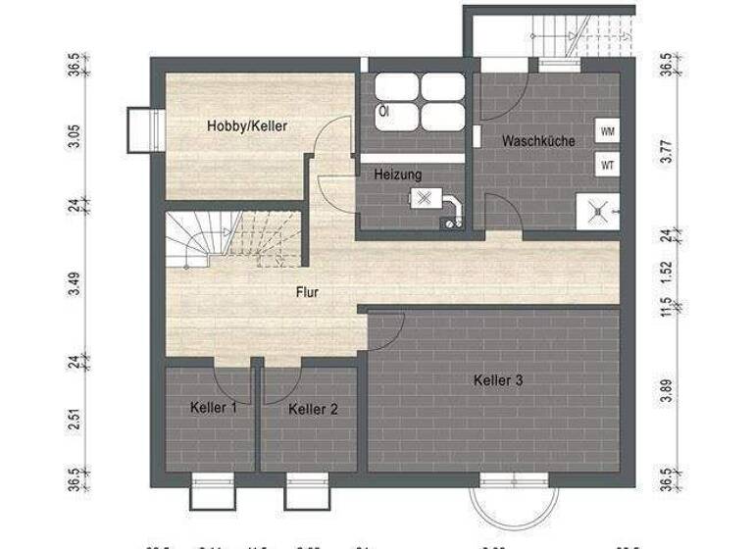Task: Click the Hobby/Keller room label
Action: coord(246,126)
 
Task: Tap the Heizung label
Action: coord(398,175)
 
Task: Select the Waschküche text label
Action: coord(538,141)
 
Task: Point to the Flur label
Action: coord(307,291)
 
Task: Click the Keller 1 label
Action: coord(213,408)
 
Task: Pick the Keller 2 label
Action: coord(313,410)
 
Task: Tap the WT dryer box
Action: coord(608,165)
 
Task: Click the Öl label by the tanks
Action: coord(383,112)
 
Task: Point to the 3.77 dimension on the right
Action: coord(666,151)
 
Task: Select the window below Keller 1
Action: coord(213,491)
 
